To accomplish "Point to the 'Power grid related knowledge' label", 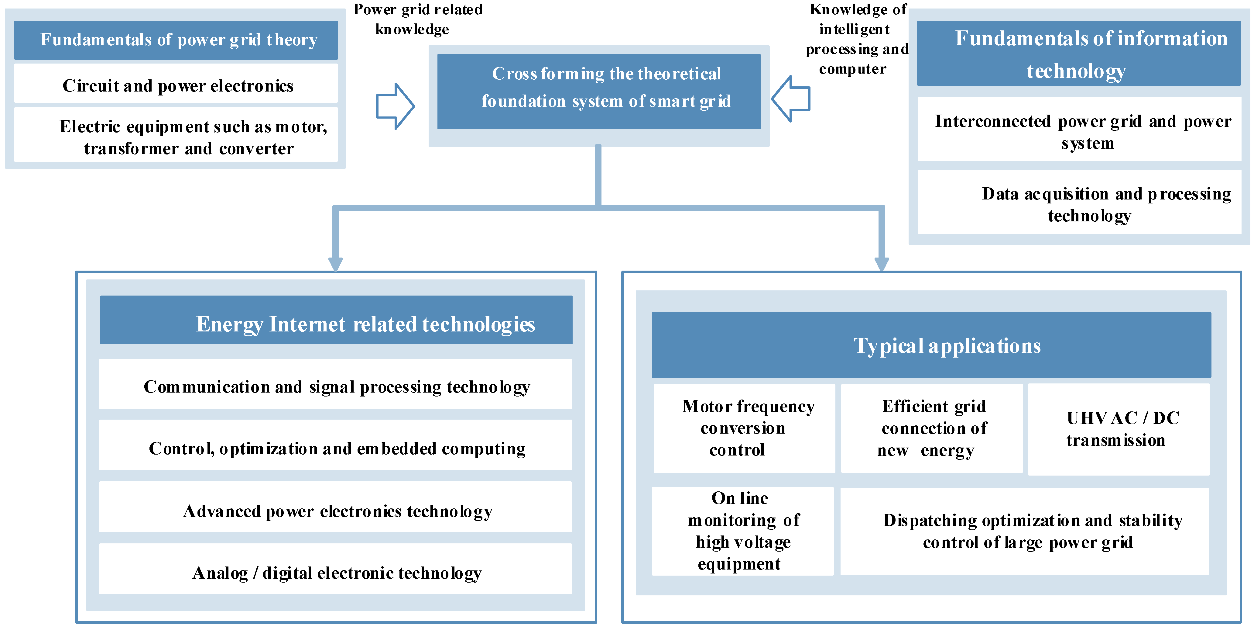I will click(x=417, y=19).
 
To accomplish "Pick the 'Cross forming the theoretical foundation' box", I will click(x=599, y=92).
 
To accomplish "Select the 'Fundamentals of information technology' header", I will click(x=1078, y=54).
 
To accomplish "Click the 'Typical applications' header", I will click(x=931, y=345).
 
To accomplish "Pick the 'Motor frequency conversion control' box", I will click(x=744, y=428).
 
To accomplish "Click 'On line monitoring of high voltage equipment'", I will click(x=743, y=531).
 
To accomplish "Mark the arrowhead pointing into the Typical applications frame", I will click(x=882, y=265).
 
